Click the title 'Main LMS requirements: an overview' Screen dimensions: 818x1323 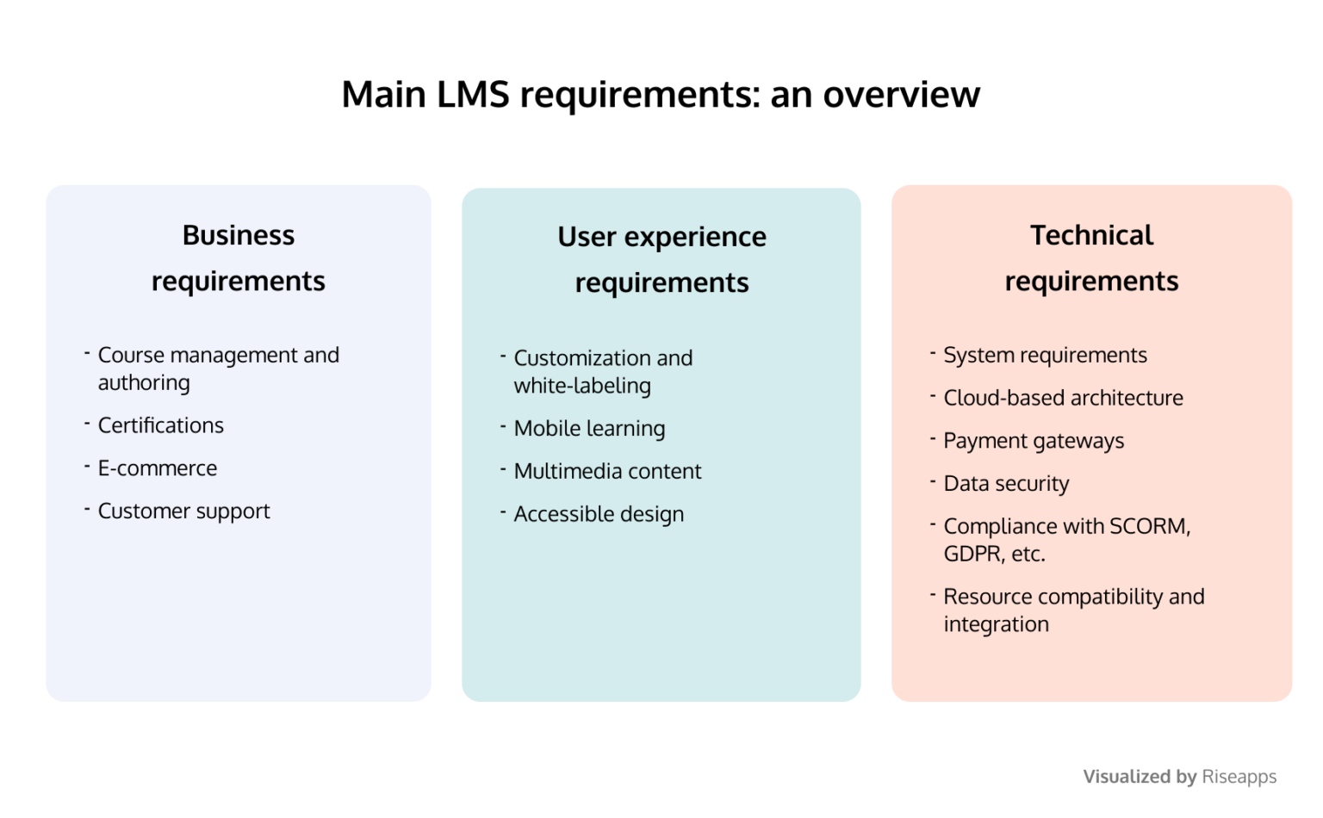click(661, 94)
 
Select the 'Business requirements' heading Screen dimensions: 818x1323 click(239, 257)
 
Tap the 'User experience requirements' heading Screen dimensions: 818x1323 click(661, 259)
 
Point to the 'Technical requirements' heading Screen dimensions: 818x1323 click(1091, 257)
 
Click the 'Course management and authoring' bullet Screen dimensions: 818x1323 click(218, 369)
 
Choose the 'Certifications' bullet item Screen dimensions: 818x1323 click(160, 425)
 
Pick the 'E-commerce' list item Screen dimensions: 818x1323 click(157, 468)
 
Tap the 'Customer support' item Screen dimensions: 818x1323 click(183, 511)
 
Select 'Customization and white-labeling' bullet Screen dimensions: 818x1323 click(602, 371)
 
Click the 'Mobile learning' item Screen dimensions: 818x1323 click(589, 429)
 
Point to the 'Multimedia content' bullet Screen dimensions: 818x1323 click(607, 472)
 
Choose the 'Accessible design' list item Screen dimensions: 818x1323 click(599, 514)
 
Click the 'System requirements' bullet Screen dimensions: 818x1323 click(1045, 356)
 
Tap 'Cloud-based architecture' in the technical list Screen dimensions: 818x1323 click(1063, 398)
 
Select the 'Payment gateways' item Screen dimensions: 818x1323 click(1034, 441)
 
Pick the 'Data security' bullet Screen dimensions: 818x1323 click(1006, 484)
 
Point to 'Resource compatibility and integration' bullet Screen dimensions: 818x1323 click(1073, 610)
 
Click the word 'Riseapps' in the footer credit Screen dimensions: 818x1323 click(1239, 777)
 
